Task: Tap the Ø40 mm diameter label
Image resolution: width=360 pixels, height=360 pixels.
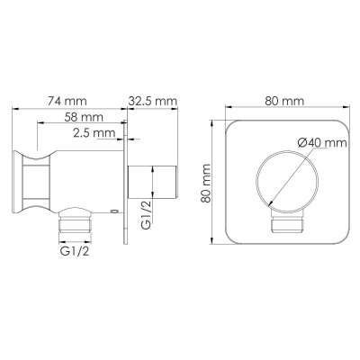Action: pyautogui.click(x=318, y=142)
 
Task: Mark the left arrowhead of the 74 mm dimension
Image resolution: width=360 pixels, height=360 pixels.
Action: pyautogui.click(x=17, y=110)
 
